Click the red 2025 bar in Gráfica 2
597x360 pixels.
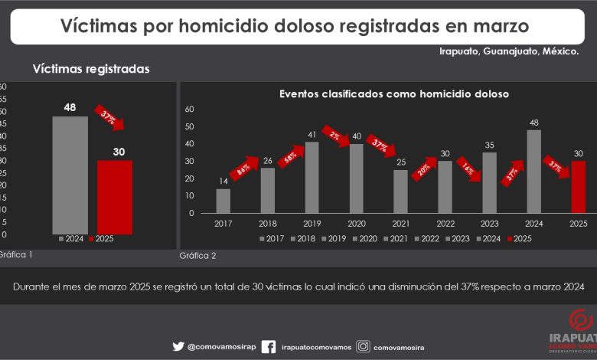pyautogui.click(x=579, y=187)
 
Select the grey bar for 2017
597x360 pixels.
pyautogui.click(x=223, y=201)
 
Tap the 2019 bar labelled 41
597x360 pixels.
pyautogui.click(x=312, y=177)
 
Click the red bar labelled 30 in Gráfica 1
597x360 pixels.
pyautogui.click(x=115, y=197)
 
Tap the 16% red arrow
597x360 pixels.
pyautogui.click(x=468, y=169)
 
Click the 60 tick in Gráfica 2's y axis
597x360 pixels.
pyautogui.click(x=190, y=109)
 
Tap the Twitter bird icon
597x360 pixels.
pyautogui.click(x=178, y=346)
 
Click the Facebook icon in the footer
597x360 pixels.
pyautogui.click(x=268, y=346)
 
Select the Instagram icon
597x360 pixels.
pyautogui.click(x=364, y=346)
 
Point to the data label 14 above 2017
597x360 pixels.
pyautogui.click(x=223, y=181)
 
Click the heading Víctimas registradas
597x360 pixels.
pyautogui.click(x=91, y=69)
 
